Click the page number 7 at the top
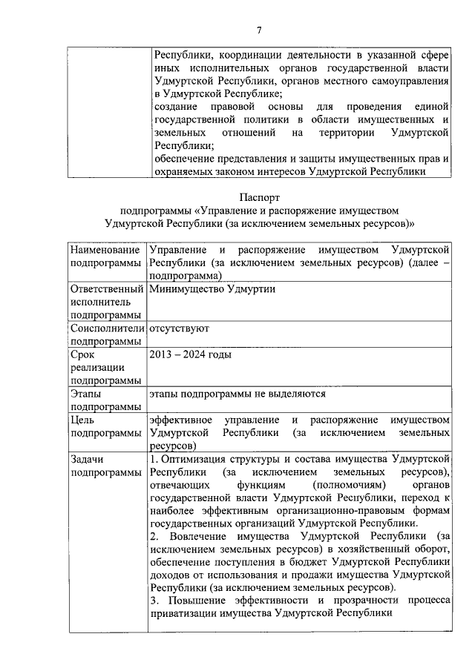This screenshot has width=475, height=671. click(x=258, y=30)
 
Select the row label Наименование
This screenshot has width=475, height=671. click(x=105, y=250)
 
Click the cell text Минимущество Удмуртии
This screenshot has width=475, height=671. click(x=212, y=289)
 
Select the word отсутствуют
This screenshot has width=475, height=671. click(x=179, y=328)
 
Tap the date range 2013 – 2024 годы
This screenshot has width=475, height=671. click(x=190, y=354)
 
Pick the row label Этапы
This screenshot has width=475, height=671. click(x=88, y=393)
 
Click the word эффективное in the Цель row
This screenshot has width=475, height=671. click(x=182, y=420)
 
